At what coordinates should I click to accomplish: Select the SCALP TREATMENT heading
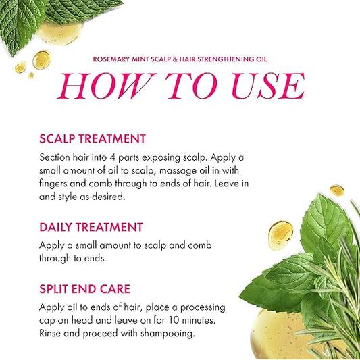coord(93,139)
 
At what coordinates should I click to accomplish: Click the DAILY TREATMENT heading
coord(91,228)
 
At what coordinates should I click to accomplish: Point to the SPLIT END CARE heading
coord(84,289)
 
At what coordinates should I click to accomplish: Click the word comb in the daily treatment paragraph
coord(209,245)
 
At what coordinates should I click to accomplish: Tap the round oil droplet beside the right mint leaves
coord(281,233)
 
